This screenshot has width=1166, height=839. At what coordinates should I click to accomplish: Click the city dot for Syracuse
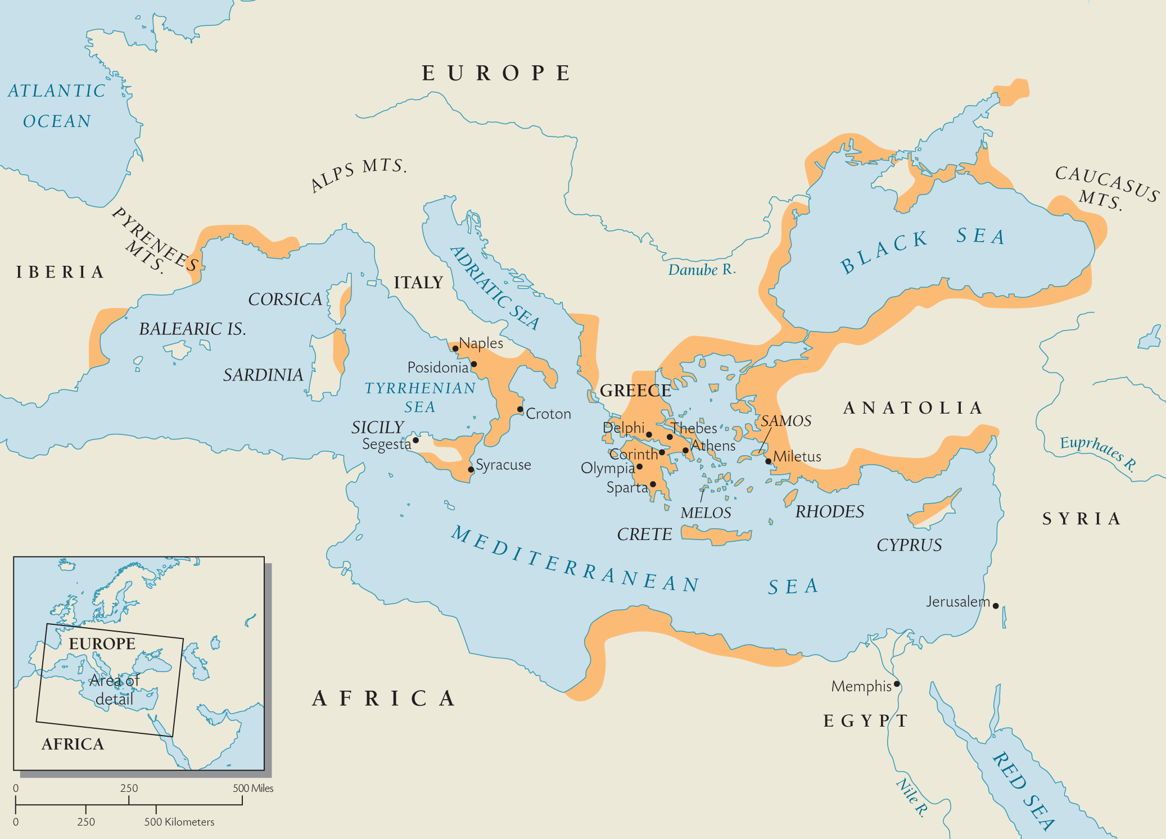point(471,469)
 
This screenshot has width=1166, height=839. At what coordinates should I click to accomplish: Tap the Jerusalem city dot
point(996,606)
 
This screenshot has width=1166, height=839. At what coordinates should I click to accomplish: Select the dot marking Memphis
point(897,684)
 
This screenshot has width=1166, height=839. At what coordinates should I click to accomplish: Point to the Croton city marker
point(520,409)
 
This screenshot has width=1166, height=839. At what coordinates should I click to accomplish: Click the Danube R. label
point(701,270)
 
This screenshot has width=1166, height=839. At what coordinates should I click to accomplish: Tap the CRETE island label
point(644,534)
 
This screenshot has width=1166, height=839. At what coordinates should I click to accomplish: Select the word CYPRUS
point(909,545)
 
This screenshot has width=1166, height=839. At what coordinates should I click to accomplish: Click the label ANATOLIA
point(912,407)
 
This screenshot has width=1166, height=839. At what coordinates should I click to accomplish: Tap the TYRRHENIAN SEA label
point(420,397)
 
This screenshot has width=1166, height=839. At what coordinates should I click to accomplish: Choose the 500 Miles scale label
point(253,788)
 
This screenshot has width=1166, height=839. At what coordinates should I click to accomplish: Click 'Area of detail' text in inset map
point(115,690)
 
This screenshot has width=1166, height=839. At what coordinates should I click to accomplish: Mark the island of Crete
point(714,534)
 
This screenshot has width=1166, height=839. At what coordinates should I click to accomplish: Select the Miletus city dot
point(769,461)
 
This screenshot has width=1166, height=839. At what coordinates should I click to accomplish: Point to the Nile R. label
point(911,797)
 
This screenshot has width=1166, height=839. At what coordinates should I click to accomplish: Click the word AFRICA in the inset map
point(73,744)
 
